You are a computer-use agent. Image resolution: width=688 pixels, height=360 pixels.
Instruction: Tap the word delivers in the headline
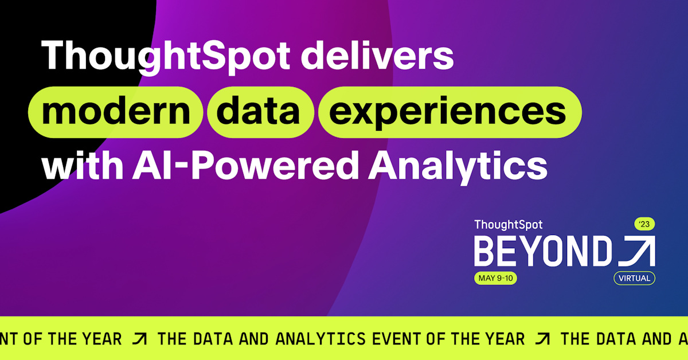377,55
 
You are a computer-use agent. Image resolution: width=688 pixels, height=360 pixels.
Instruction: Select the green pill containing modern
115,112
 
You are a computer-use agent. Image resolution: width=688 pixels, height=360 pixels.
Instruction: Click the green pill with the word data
260,112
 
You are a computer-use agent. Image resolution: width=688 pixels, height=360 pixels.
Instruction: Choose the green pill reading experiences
450,112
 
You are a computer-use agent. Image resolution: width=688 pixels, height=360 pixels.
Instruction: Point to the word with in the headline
83,165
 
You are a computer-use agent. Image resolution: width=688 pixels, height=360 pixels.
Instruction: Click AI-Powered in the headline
245,165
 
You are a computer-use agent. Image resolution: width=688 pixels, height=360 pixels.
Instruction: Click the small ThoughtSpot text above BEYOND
509,225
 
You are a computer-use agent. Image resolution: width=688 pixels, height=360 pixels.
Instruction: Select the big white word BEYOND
543,251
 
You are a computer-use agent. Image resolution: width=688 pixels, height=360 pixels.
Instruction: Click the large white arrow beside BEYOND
637,251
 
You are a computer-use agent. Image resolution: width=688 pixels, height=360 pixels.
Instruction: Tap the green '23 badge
644,224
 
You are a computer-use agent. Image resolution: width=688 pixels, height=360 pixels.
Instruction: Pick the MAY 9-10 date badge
495,278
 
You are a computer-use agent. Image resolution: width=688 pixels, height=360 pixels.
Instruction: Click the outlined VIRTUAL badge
634,278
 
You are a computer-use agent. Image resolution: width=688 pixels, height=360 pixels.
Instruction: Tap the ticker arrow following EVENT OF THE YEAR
542,339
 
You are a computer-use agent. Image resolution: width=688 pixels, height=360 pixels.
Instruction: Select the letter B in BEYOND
484,251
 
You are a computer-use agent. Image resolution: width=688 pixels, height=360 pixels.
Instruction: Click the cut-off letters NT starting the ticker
9,339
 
